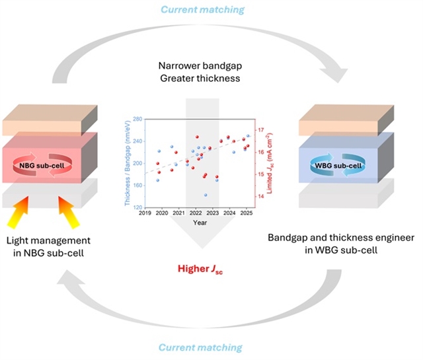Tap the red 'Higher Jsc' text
pos(210,270)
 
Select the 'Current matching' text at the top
pos(210,9)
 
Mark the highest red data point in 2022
pos(197,137)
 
